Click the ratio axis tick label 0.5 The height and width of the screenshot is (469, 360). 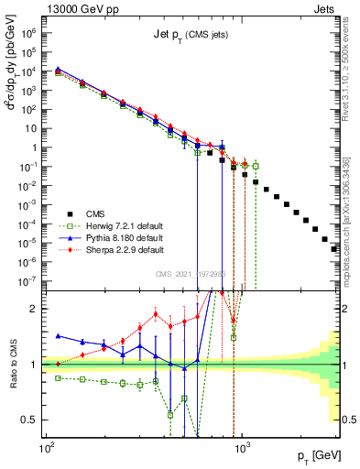pos(32,420)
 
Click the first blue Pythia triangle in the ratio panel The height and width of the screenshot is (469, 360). pos(60,336)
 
